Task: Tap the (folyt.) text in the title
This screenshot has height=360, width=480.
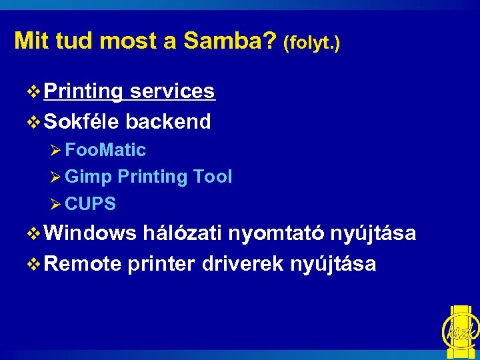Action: (311, 44)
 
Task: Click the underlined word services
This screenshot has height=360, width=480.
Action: (172, 91)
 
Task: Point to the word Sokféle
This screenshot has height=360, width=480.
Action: (82, 121)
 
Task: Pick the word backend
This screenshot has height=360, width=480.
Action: (168, 121)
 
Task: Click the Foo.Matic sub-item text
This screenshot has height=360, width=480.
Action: (106, 150)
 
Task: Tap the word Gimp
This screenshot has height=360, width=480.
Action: (89, 177)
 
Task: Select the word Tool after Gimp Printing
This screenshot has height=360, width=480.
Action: (213, 177)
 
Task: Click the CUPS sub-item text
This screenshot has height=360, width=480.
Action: (91, 204)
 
